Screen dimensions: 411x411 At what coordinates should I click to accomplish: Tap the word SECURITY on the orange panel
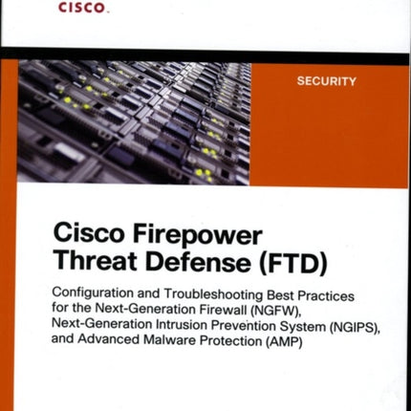click(328, 82)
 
